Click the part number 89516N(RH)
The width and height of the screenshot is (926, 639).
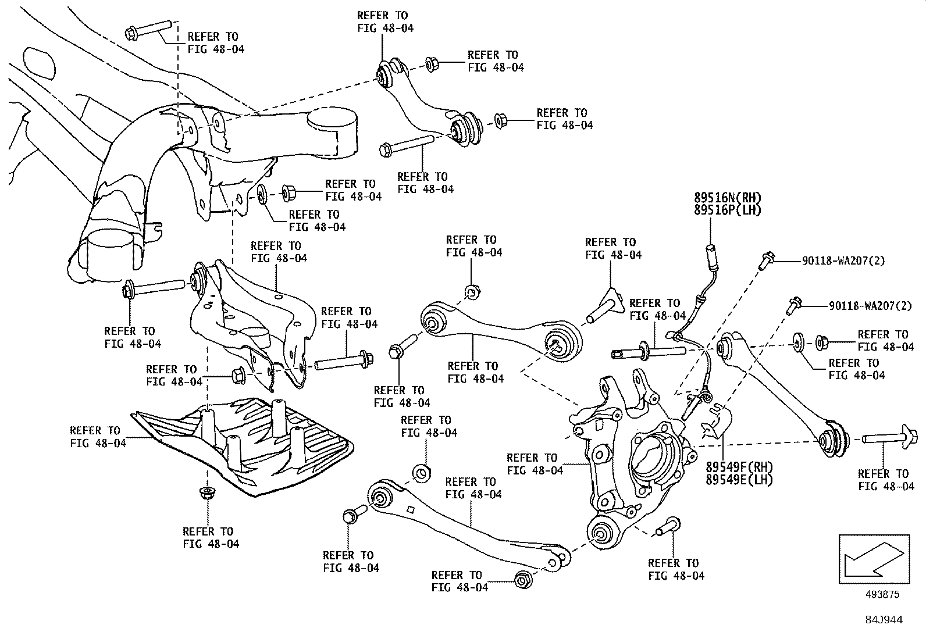pos(727,198)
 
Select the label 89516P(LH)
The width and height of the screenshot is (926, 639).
pos(727,210)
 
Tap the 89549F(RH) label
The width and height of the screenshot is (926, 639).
pos(739,466)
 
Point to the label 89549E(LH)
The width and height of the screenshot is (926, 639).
pos(739,480)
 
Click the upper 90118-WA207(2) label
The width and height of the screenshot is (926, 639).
pos(843,261)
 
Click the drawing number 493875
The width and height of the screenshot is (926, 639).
pos(882,594)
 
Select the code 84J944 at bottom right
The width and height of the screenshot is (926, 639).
pos(882,620)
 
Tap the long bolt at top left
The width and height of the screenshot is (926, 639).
pos(148,29)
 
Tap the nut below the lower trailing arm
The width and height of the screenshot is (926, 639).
pos(522,579)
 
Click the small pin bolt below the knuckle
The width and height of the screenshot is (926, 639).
pos(667,526)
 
